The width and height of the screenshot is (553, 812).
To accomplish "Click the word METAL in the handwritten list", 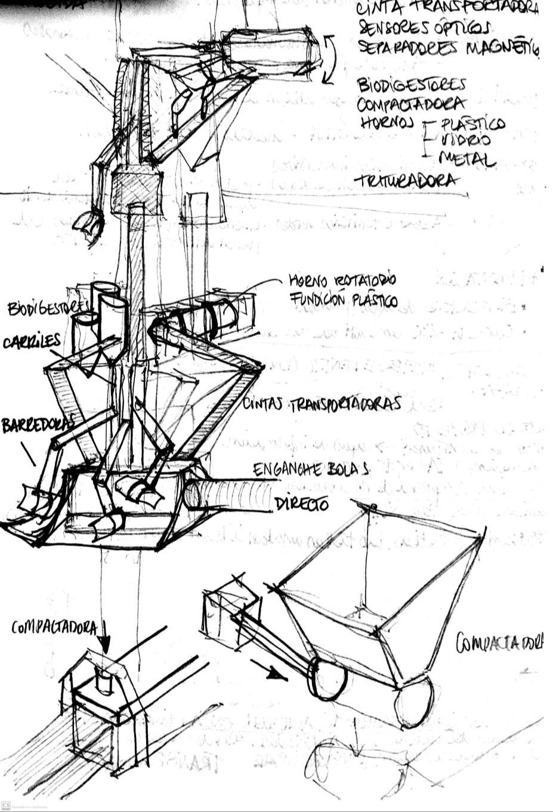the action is [467, 159].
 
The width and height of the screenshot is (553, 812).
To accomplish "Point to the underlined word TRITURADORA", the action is [408, 181].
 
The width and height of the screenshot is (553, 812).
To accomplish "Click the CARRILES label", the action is [31, 342].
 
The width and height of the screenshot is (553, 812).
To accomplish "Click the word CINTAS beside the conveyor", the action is [264, 404].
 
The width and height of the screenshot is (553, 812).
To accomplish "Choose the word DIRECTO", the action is [301, 505].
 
